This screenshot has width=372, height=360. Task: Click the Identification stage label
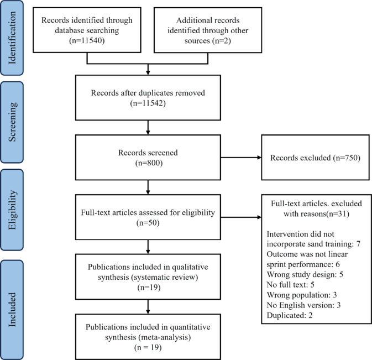click(x=12, y=38)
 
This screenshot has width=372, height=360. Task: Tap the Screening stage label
click(x=12, y=122)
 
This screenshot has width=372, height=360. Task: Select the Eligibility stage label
click(x=12, y=210)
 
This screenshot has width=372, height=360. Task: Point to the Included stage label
click(x=12, y=310)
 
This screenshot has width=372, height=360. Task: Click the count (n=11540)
click(x=87, y=40)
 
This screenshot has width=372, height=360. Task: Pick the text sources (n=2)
click(x=208, y=40)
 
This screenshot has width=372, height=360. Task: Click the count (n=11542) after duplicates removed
click(x=148, y=103)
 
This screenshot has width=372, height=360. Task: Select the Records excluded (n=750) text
click(x=315, y=158)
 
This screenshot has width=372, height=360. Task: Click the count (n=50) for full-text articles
click(x=148, y=223)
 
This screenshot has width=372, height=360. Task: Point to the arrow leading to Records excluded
click(x=241, y=158)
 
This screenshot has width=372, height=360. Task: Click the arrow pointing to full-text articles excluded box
click(x=241, y=217)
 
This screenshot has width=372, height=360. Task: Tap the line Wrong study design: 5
click(x=305, y=275)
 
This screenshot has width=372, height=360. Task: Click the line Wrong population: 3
click(x=302, y=295)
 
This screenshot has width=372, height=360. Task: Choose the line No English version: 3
click(x=303, y=305)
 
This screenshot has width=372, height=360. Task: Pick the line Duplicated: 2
click(x=290, y=315)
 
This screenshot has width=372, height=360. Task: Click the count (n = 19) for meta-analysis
click(x=148, y=348)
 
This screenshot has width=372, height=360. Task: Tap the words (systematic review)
click(x=164, y=277)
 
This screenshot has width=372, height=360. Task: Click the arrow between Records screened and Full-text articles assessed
click(x=148, y=187)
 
